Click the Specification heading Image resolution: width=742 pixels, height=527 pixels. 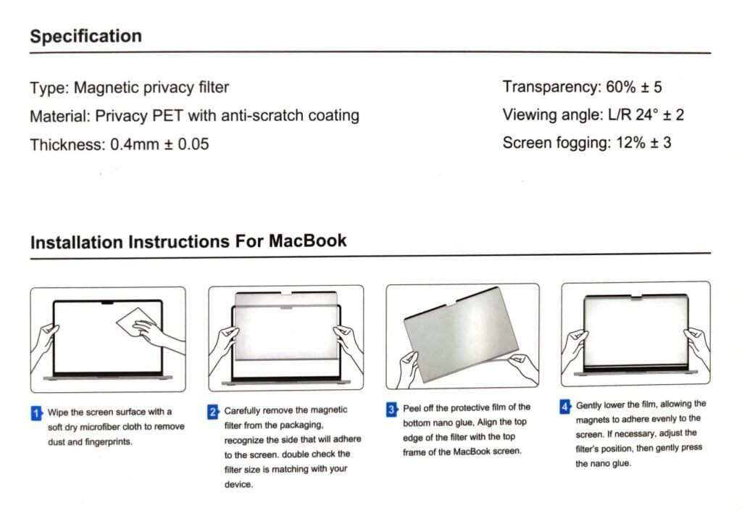point(86,36)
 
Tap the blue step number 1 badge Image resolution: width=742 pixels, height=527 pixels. point(36,413)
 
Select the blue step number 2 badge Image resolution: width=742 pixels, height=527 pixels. point(213,412)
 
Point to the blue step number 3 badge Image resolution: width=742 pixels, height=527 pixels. point(391,410)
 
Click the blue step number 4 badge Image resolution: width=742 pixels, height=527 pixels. point(566,406)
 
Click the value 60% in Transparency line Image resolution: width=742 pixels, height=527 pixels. point(620,88)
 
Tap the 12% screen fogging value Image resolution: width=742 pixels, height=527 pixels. point(627,142)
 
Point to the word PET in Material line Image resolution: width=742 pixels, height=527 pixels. point(169,115)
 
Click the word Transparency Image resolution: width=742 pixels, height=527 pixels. point(549,88)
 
